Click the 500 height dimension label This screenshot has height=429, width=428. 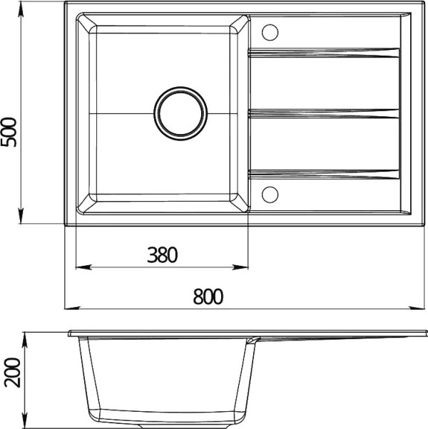point(9,132)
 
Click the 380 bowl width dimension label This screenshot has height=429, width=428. point(163,254)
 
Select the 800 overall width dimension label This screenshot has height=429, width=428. point(208,296)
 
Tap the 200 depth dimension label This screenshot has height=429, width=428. point(13,373)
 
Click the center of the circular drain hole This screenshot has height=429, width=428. point(180,113)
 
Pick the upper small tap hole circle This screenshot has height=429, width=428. point(270,32)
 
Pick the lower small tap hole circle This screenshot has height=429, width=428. point(270,195)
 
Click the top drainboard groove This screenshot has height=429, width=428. point(323,53)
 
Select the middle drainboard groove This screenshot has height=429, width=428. point(323,113)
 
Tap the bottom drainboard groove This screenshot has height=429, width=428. point(323,175)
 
